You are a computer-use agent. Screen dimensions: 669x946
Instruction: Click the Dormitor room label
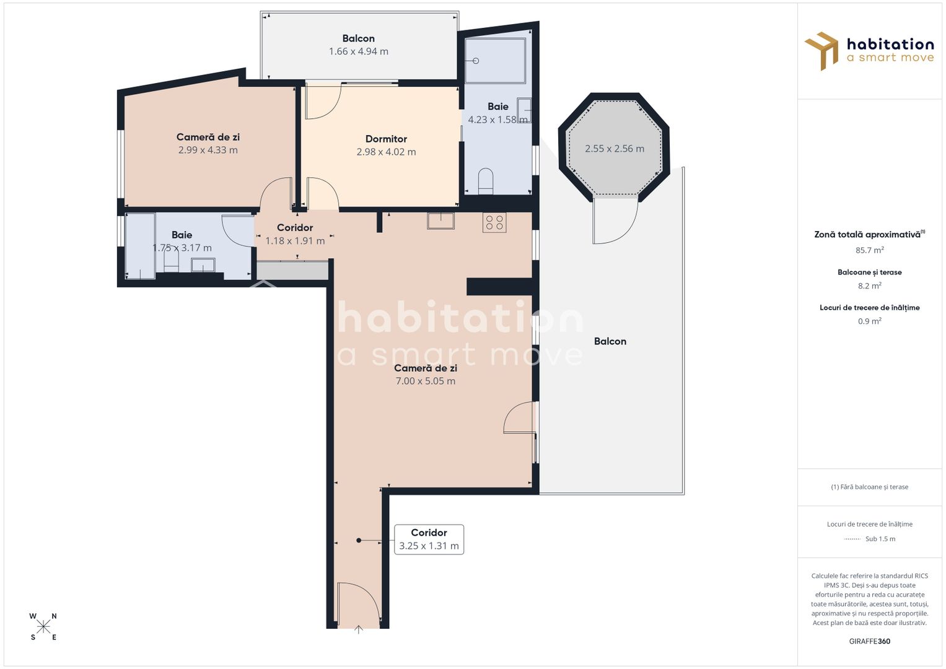(x=386, y=139)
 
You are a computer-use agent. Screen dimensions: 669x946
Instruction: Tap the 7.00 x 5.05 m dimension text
(x=425, y=381)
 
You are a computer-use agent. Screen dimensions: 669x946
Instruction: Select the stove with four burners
(x=494, y=222)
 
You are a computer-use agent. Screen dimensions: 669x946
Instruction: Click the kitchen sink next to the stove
(x=440, y=221)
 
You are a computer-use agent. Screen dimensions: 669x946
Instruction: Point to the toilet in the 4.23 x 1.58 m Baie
(x=486, y=181)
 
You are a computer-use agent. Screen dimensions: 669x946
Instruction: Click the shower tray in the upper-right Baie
(x=495, y=61)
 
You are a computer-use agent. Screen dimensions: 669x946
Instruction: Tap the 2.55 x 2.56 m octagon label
(x=614, y=149)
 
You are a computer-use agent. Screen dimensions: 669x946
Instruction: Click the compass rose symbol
(x=43, y=627)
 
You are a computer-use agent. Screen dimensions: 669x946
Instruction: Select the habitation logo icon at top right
(x=821, y=50)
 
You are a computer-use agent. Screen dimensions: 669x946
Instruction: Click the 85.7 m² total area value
(x=869, y=250)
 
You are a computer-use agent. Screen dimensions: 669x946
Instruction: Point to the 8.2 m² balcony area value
(x=869, y=286)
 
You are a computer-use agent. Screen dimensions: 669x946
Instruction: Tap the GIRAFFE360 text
(x=869, y=641)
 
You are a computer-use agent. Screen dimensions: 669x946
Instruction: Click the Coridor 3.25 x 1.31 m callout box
(x=429, y=539)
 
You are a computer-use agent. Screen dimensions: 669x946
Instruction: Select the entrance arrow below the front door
(x=358, y=631)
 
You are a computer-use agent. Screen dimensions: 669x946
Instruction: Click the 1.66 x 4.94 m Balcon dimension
(x=358, y=51)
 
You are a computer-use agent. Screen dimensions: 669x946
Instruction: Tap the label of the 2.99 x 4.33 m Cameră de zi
(x=208, y=137)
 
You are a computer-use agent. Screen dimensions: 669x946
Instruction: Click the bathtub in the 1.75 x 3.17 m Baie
(x=140, y=246)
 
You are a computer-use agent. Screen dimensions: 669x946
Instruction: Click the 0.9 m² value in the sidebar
(x=869, y=321)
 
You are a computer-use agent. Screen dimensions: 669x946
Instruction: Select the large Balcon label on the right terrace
(x=610, y=341)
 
